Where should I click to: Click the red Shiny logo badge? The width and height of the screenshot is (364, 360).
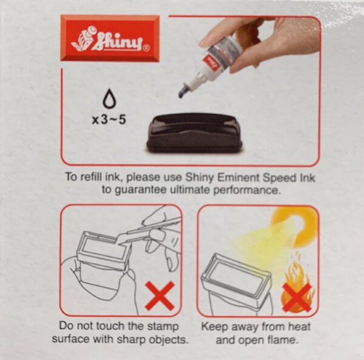[110, 38]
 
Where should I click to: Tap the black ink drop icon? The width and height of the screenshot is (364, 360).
[109, 99]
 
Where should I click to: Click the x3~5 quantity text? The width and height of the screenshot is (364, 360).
[109, 119]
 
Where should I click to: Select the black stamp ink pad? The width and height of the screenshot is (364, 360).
[194, 133]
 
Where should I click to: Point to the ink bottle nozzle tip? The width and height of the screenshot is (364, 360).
[183, 92]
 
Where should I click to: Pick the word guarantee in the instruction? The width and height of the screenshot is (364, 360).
[136, 190]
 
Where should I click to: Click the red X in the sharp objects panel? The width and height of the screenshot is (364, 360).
[160, 296]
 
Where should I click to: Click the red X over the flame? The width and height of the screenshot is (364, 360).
[297, 297]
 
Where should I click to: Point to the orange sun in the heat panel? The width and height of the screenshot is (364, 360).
[294, 225]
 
